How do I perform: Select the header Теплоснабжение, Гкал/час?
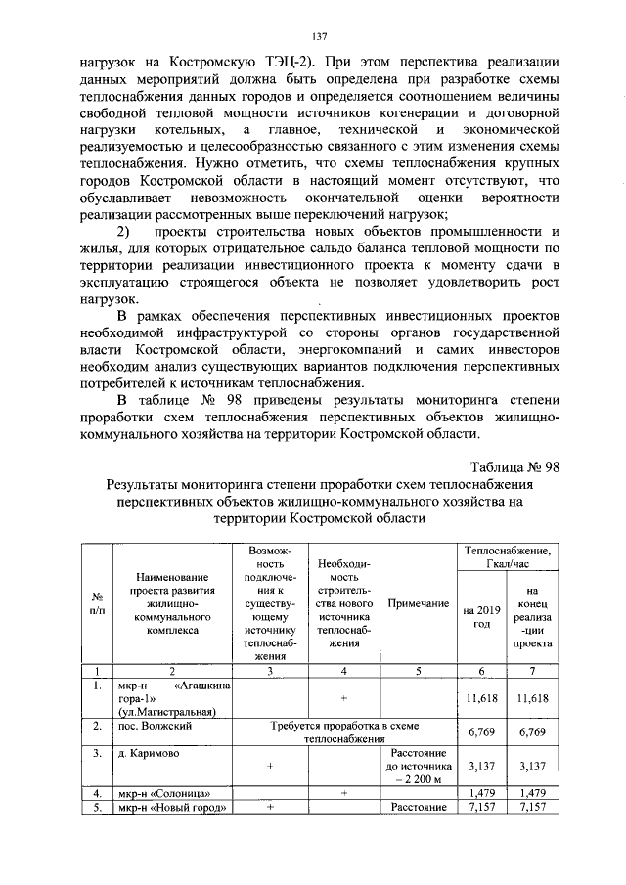507,558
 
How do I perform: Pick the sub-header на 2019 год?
475,617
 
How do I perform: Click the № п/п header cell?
97,604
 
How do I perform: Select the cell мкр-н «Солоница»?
163,793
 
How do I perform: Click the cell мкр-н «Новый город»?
171,808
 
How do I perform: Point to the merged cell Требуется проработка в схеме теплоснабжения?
344,733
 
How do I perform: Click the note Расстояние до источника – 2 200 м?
418,767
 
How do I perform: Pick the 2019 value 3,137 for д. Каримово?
475,767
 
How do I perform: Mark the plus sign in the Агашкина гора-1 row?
344,698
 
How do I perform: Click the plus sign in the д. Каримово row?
268,767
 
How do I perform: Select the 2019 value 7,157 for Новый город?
475,808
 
